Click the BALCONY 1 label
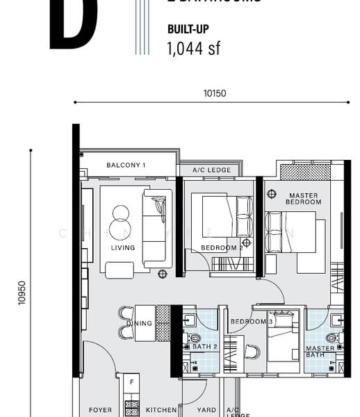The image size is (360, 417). coord(126,165)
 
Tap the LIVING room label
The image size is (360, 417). coord(122,247)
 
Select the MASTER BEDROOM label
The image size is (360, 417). coord(303,199)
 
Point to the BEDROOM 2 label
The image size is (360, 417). coord(222,247)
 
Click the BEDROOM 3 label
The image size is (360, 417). coord(251,322)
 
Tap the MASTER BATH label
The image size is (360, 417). coord(320,352)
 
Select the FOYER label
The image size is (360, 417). coord(100,410)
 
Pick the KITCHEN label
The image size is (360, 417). coord(160,410)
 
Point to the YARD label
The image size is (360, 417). coord(206,410)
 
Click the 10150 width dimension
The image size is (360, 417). coord(215,93)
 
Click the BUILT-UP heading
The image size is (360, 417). coord(188,30)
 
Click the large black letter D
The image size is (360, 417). coord(73,24)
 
